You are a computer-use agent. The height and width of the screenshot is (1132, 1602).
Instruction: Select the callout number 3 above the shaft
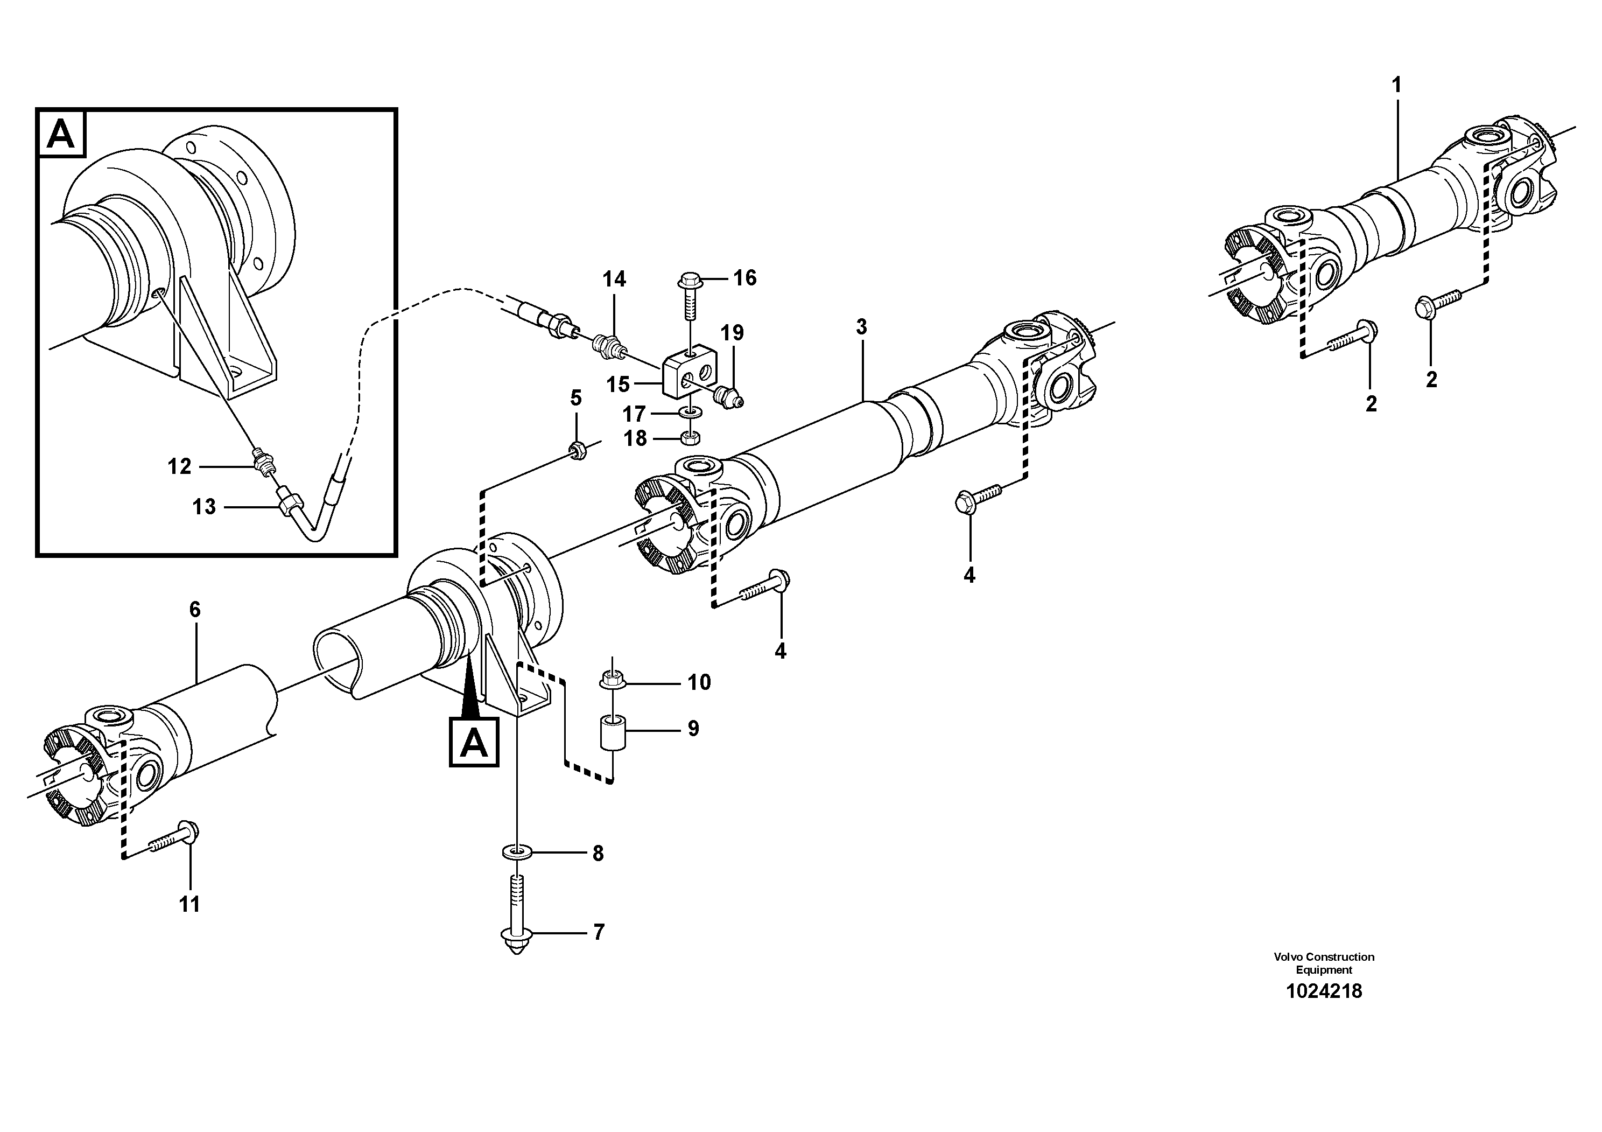[x=862, y=326]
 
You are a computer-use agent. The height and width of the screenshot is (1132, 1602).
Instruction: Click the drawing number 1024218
[x=1324, y=991]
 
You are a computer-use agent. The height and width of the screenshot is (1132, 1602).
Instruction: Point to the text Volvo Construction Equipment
[x=1324, y=962]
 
